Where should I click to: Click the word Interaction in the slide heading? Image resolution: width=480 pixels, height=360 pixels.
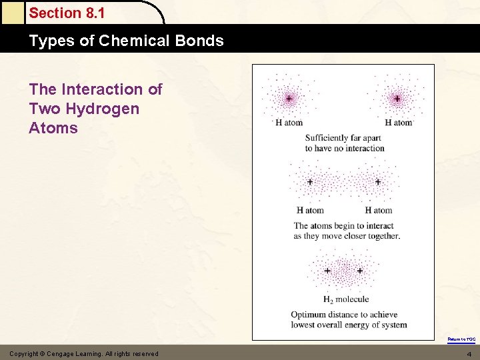(111, 89)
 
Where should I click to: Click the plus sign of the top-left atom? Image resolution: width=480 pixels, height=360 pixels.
(289, 99)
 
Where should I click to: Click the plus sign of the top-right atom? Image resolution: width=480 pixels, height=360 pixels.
(397, 99)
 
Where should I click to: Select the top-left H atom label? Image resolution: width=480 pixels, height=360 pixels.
(289, 123)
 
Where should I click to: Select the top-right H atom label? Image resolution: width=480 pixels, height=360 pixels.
(399, 123)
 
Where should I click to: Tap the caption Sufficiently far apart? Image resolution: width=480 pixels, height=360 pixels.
(343, 138)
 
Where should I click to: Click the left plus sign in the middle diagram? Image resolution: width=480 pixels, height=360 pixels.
(310, 181)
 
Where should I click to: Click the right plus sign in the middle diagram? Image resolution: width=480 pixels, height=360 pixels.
(377, 181)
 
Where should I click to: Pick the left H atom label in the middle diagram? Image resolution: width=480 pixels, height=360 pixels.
(310, 211)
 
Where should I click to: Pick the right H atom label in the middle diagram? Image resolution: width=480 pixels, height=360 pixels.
(378, 211)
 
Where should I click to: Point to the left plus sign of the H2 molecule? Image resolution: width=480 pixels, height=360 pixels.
(327, 271)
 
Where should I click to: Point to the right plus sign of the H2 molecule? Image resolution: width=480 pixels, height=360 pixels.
(360, 271)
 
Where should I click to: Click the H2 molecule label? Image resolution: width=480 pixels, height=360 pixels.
(346, 299)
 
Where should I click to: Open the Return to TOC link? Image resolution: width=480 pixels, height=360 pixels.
(461, 339)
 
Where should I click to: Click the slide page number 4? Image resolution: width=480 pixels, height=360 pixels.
(469, 354)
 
